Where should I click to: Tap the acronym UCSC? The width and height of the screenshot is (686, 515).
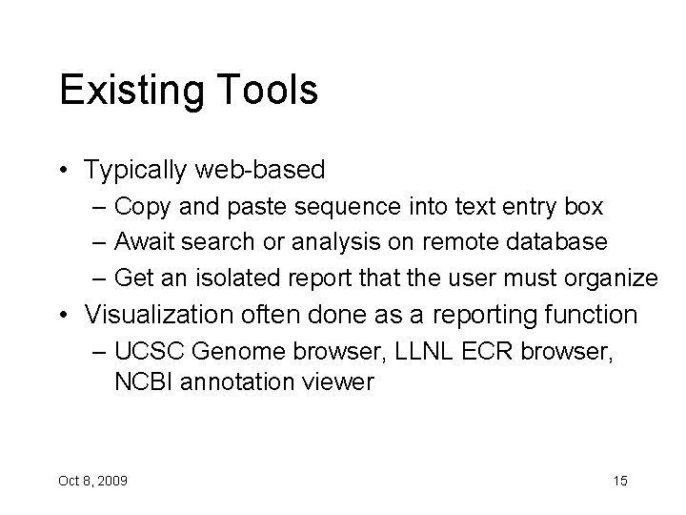150,352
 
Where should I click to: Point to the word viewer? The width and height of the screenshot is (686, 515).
340,382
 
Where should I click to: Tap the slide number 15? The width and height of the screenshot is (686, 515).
619,480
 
